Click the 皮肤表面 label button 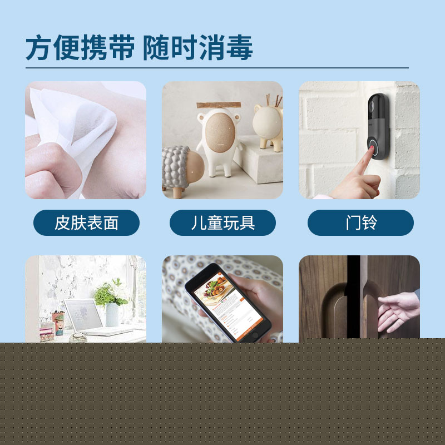pos(86,222)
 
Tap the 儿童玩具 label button pos(222,222)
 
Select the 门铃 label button pos(360,222)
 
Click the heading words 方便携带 pos(80,47)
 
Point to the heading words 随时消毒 pos(198,47)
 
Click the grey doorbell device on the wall pos(378,126)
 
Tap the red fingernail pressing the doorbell pos(371,147)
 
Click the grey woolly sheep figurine pos(182,170)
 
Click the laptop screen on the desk pos(83,314)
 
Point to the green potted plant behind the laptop pos(108,294)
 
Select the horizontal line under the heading pos(217,68)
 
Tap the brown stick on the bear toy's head pos(219,105)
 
